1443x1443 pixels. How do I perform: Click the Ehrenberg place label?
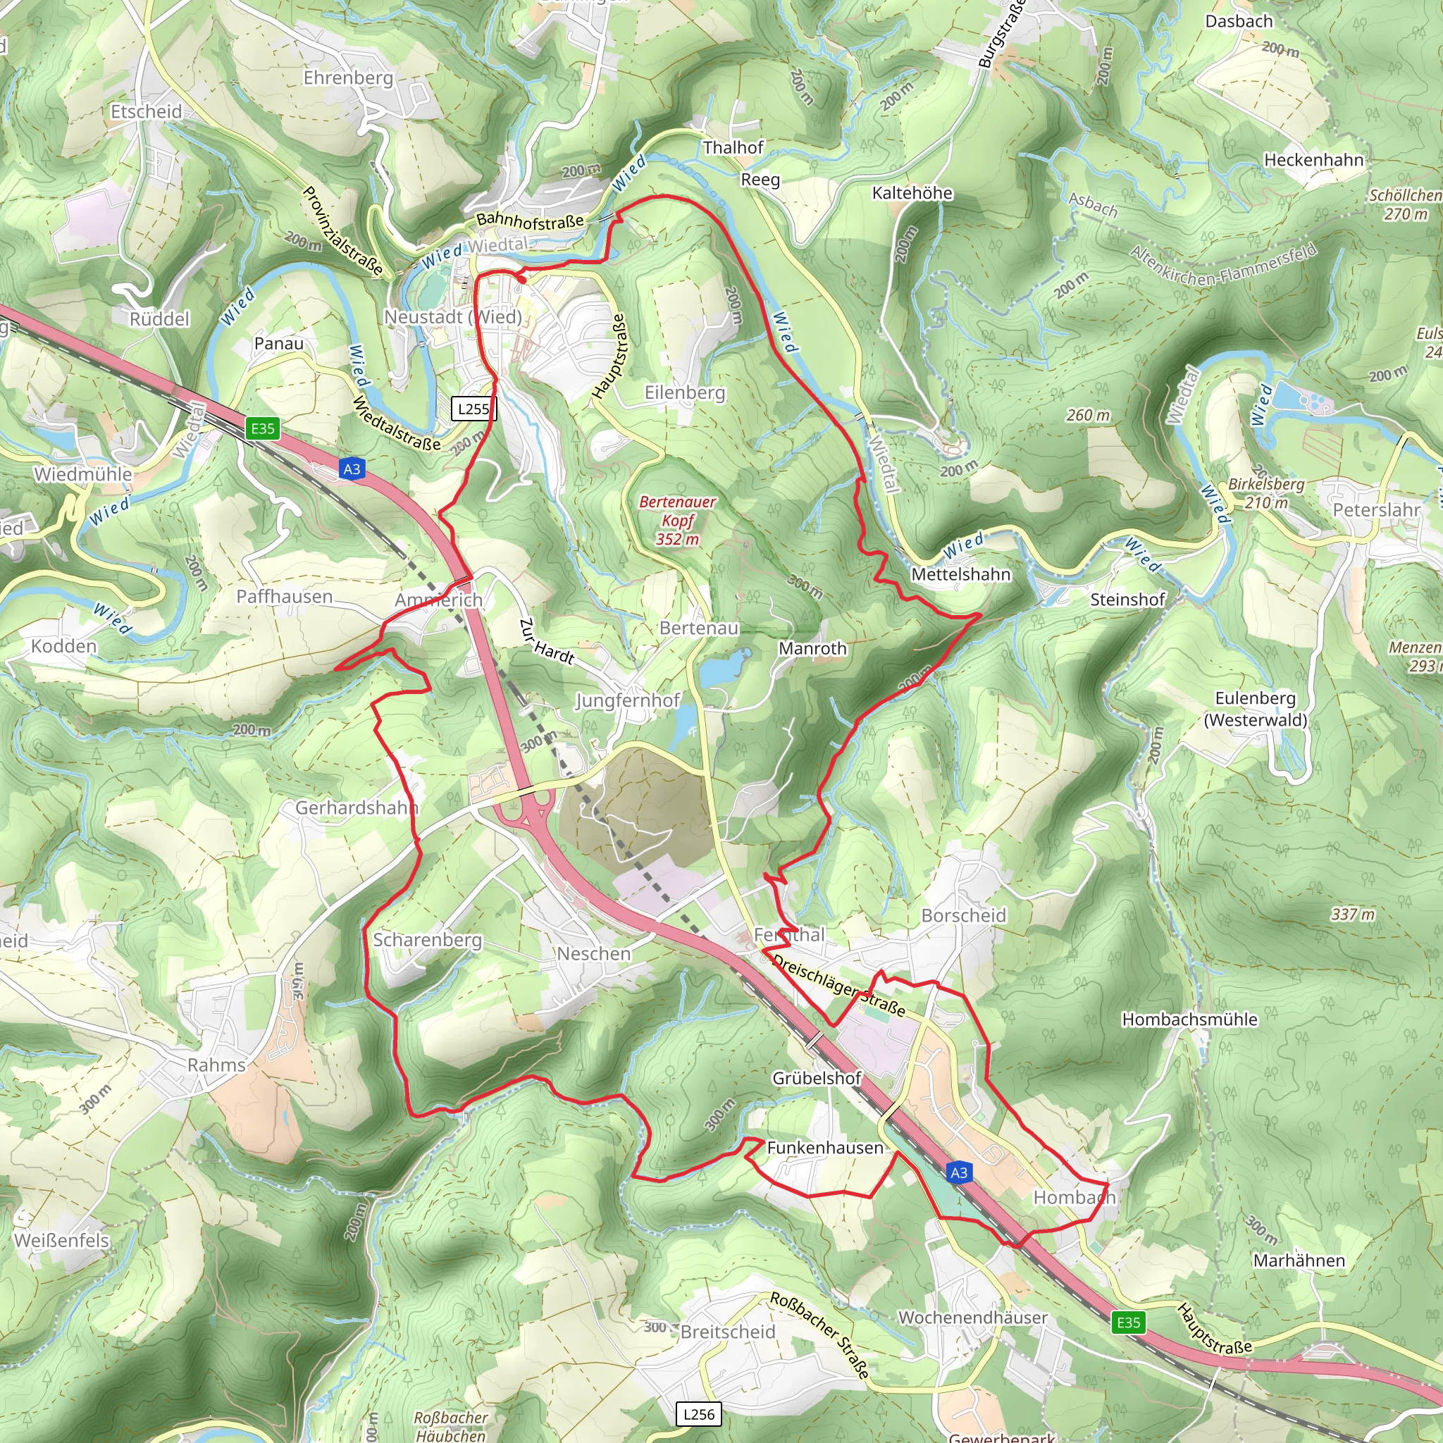click(x=348, y=78)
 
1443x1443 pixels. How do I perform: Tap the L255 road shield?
click(x=473, y=409)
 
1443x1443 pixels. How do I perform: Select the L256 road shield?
click(x=699, y=1414)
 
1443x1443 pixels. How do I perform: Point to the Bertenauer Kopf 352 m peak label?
click(x=677, y=521)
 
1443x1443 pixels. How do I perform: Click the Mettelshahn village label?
click(x=960, y=574)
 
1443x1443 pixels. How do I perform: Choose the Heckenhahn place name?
click(x=1314, y=160)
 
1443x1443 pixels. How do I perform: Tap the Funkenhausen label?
click(x=824, y=1147)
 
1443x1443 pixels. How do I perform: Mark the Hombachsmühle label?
click(x=1190, y=1020)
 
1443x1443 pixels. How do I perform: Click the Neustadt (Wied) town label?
click(x=453, y=318)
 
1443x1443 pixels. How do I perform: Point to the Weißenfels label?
click(x=62, y=1241)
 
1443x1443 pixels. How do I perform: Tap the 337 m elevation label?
click(x=1353, y=914)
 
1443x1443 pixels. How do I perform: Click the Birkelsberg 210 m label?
click(x=1267, y=493)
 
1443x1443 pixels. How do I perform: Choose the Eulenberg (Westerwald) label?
click(x=1256, y=709)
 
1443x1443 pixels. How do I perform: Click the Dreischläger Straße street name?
click(x=838, y=986)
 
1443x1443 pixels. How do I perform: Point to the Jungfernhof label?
click(x=627, y=700)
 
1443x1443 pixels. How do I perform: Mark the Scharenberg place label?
click(x=427, y=940)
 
